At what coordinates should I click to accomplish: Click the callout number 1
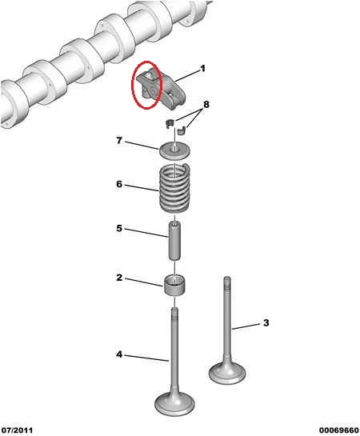pyautogui.click(x=202, y=69)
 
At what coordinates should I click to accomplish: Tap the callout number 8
pyautogui.click(x=206, y=105)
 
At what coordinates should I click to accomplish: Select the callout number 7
pyautogui.click(x=119, y=141)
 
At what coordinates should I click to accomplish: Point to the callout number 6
pyautogui.click(x=119, y=184)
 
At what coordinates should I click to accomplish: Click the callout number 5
pyautogui.click(x=119, y=228)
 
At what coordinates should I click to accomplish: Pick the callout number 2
pyautogui.click(x=119, y=278)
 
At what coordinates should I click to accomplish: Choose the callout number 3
pyautogui.click(x=266, y=322)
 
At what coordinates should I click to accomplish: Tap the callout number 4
pyautogui.click(x=119, y=354)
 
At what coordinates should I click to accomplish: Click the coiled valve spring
pyautogui.click(x=174, y=188)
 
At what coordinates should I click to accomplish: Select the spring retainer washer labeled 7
pyautogui.click(x=175, y=150)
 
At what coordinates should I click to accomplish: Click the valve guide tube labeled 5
pyautogui.click(x=175, y=241)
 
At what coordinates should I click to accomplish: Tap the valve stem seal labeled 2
pyautogui.click(x=175, y=286)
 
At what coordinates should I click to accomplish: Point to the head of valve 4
pyautogui.click(x=174, y=403)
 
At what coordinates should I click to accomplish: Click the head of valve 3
pyautogui.click(x=227, y=373)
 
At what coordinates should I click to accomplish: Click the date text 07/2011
pyautogui.click(x=17, y=430)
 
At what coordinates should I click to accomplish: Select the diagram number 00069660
pyautogui.click(x=338, y=430)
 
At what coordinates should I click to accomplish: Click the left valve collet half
pyautogui.click(x=170, y=123)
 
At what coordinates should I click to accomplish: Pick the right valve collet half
pyautogui.click(x=182, y=130)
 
